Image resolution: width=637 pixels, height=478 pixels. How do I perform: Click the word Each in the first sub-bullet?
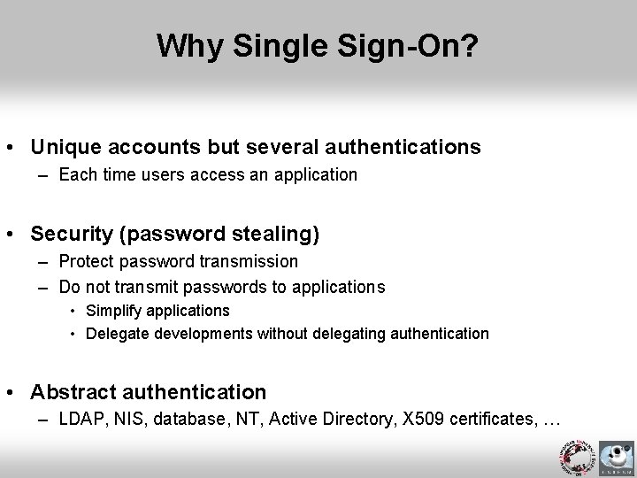pyautogui.click(x=76, y=174)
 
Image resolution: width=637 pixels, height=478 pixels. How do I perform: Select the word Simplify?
pyautogui.click(x=115, y=311)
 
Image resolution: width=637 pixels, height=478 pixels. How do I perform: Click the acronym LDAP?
pyautogui.click(x=80, y=420)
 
